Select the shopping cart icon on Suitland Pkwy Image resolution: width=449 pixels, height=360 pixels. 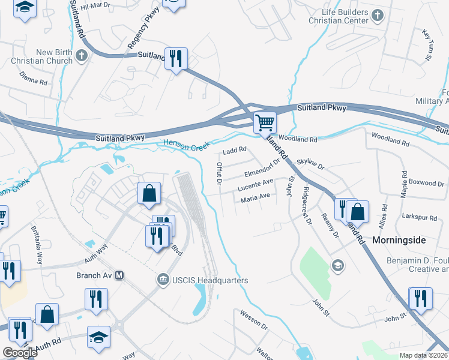265,122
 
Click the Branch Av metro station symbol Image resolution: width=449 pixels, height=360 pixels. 119,275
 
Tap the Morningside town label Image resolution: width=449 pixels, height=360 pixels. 399,239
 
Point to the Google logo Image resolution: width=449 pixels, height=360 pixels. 20,353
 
